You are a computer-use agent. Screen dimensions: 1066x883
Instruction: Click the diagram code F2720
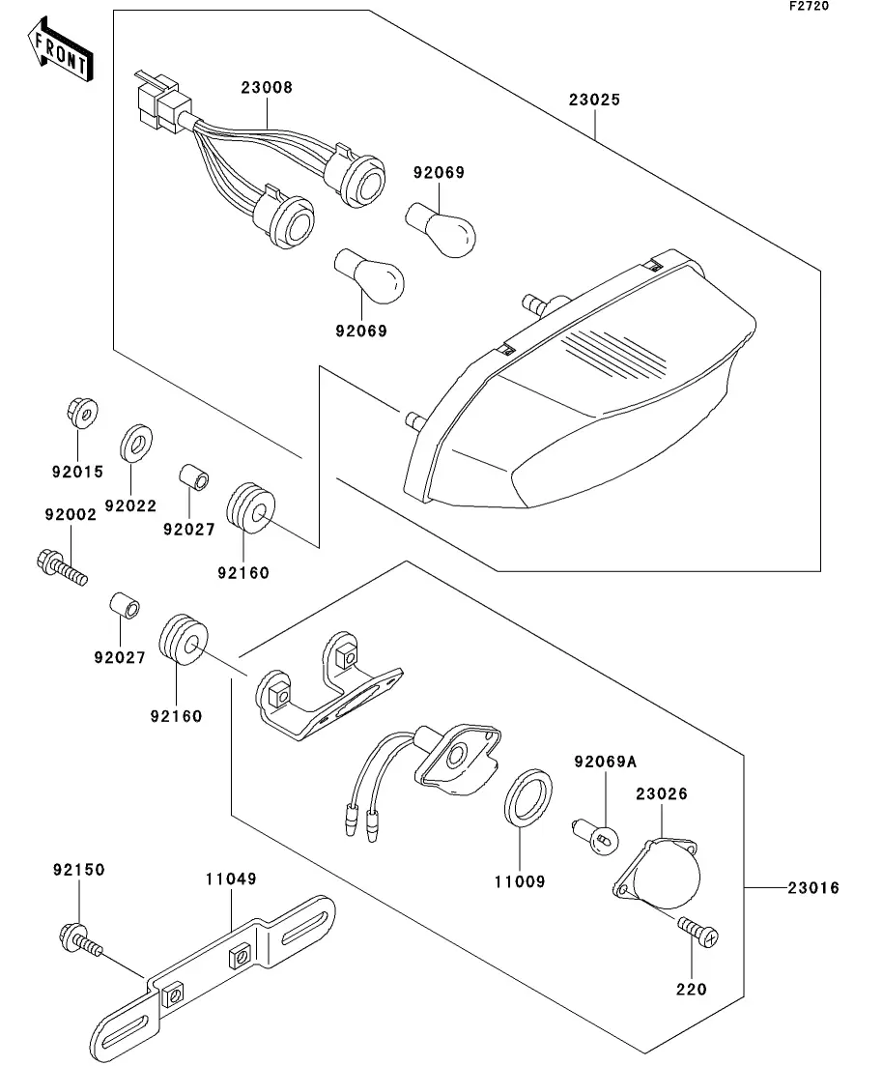(x=809, y=6)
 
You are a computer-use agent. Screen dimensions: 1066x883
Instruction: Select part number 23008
(x=267, y=88)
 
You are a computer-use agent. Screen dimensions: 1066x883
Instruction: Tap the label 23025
(x=594, y=100)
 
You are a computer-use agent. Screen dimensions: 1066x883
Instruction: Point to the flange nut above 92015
(x=83, y=415)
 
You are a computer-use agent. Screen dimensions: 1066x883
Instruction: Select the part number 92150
(x=79, y=870)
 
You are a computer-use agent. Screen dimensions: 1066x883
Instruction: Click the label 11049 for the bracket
(x=231, y=879)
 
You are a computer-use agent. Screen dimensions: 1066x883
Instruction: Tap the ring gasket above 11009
(x=528, y=795)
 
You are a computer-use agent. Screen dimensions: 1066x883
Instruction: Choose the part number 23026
(x=662, y=794)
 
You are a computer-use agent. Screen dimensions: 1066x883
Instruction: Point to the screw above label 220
(x=699, y=932)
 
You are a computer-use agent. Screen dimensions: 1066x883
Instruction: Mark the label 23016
(x=812, y=888)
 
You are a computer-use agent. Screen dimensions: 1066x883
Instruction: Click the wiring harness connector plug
(x=158, y=99)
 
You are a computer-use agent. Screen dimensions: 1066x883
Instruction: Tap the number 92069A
(x=606, y=762)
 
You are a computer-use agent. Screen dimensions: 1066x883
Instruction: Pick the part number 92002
(x=69, y=515)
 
